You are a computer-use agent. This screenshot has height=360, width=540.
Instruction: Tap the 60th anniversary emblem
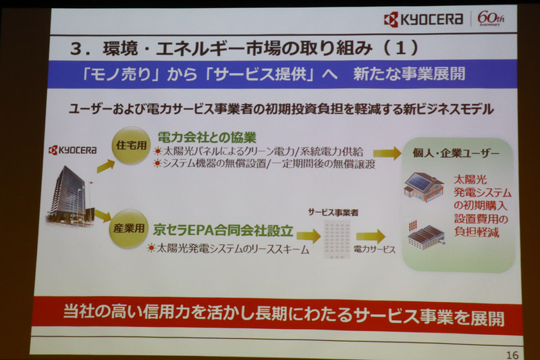(491, 19)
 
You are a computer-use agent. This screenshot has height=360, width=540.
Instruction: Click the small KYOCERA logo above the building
(72, 150)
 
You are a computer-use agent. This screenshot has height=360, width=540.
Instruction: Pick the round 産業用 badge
(128, 228)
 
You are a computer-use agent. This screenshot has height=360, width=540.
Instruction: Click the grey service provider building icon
(335, 236)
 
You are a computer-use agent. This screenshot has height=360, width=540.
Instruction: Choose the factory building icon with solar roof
(425, 234)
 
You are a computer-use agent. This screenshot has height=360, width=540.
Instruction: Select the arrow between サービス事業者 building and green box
(371, 236)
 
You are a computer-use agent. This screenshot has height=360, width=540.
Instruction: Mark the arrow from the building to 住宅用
(105, 165)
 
